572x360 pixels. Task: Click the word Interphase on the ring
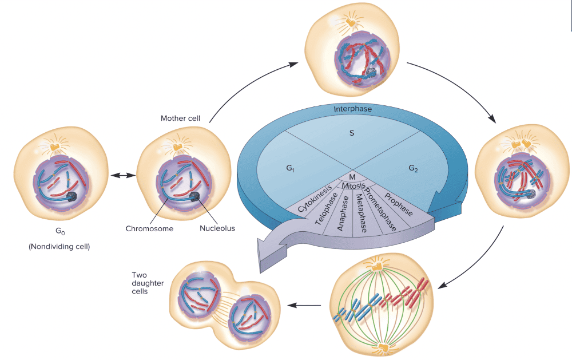pyautogui.click(x=352, y=109)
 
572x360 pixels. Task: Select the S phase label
pyautogui.click(x=351, y=133)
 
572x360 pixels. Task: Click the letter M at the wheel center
pyautogui.click(x=352, y=176)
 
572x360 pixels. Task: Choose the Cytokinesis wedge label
pyautogui.click(x=315, y=198)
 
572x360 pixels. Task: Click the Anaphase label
pyautogui.click(x=343, y=214)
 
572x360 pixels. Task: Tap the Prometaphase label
pyautogui.click(x=379, y=209)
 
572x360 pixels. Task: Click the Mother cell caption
pyautogui.click(x=181, y=118)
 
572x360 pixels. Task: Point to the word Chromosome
pyautogui.click(x=149, y=228)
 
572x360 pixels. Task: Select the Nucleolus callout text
pyautogui.click(x=217, y=228)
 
